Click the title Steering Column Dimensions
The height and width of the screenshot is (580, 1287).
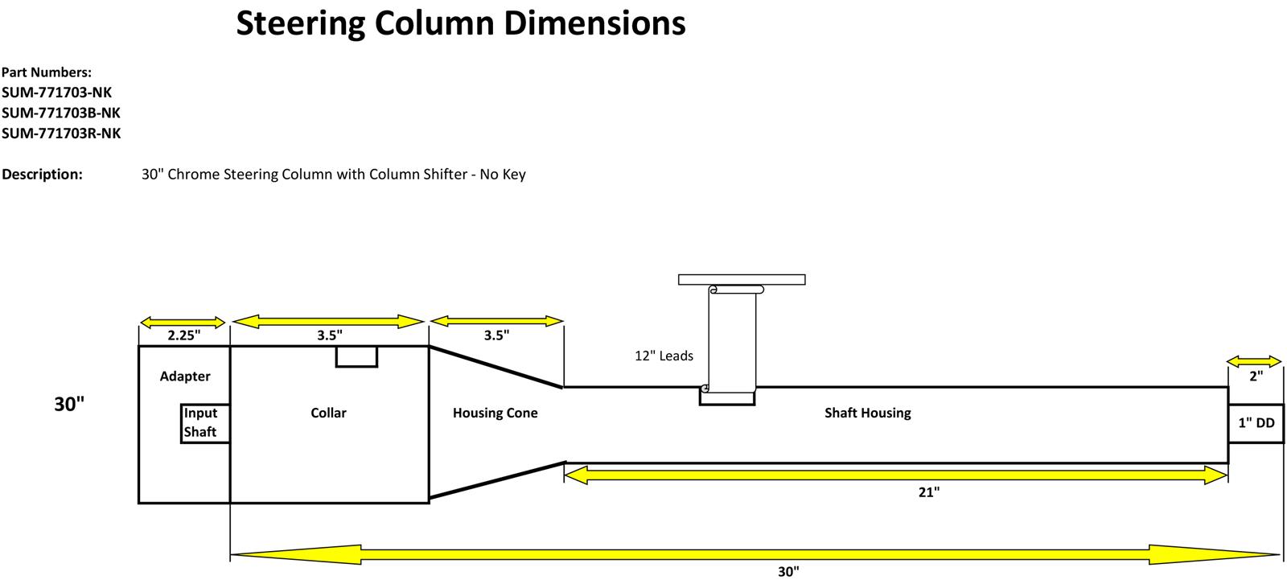point(460,24)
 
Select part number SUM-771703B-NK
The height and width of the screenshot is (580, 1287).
point(61,113)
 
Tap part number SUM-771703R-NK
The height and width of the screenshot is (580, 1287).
point(61,134)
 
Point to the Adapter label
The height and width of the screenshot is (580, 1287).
point(185,376)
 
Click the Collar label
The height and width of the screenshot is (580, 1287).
point(328,413)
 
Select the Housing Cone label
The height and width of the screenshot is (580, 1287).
point(495,413)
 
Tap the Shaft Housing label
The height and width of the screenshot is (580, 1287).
point(867,413)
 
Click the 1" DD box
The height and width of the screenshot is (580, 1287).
point(1256,423)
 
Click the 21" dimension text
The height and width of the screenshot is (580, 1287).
point(928,492)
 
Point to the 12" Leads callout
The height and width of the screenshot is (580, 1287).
point(664,356)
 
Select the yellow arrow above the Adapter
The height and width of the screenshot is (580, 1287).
point(183,322)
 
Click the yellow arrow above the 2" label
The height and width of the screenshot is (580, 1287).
point(1254,361)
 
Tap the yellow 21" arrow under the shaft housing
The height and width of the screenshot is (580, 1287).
point(896,475)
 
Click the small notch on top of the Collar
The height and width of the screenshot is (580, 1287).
point(356,356)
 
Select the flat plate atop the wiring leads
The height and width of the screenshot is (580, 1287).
point(742,280)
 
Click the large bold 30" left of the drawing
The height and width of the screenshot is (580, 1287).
point(69,405)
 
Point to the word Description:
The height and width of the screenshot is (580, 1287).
point(42,175)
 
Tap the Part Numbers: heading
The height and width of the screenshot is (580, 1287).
point(47,72)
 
